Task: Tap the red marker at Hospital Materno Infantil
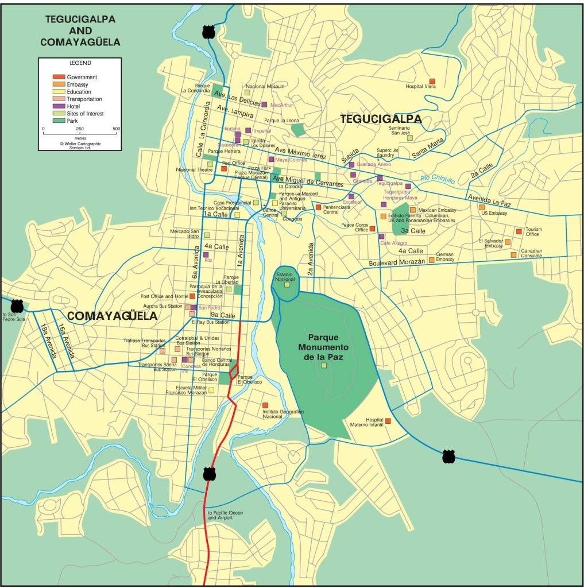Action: pos(388,421)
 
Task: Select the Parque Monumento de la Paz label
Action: pos(324,347)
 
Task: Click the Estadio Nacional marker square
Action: pos(287,284)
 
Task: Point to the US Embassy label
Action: pos(493,213)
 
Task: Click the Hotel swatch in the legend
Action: pos(59,106)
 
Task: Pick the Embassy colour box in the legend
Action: pos(59,84)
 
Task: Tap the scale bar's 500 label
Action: pos(117,129)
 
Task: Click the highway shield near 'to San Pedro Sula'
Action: pos(17,305)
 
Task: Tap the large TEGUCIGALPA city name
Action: pos(381,119)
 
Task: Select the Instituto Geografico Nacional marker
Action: pos(265,405)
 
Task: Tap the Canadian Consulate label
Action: pos(531,253)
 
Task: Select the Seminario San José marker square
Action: pos(409,138)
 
